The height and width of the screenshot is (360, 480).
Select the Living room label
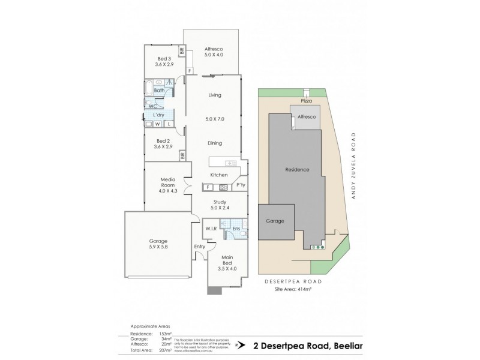point(215,95)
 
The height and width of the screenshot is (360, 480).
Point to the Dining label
point(215,143)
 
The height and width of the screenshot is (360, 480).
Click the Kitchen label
point(218,175)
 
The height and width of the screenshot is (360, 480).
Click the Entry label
point(200,247)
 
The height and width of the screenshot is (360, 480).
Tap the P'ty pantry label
point(240,185)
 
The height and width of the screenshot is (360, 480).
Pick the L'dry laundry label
point(159,115)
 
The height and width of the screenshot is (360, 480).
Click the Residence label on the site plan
point(297,170)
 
